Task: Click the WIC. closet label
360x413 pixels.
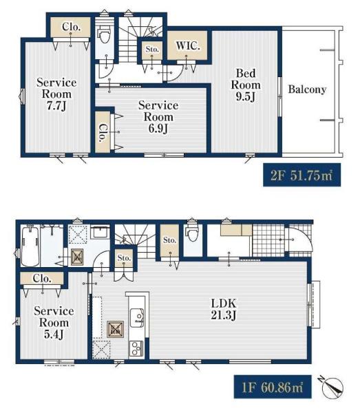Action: (188, 46)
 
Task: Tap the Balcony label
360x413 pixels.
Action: (307, 89)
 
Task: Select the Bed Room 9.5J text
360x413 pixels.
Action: (246, 85)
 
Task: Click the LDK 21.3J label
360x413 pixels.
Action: (224, 309)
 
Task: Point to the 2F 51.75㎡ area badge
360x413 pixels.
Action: (301, 175)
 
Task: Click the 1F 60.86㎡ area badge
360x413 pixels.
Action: (273, 387)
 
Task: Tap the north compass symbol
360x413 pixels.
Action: (332, 387)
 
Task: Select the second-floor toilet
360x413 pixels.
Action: (105, 36)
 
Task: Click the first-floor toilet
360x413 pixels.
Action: (193, 234)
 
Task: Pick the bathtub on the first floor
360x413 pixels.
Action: (30, 246)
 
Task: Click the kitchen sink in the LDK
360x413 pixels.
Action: (137, 317)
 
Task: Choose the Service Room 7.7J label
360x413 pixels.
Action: (56, 94)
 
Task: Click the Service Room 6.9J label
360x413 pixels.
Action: (158, 117)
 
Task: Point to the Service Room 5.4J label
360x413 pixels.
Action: (54, 322)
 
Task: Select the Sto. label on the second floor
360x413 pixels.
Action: (152, 50)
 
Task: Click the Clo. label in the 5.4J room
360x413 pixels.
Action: (42, 278)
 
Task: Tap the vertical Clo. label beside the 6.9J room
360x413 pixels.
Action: (103, 133)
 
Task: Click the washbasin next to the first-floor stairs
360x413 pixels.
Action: (100, 231)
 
